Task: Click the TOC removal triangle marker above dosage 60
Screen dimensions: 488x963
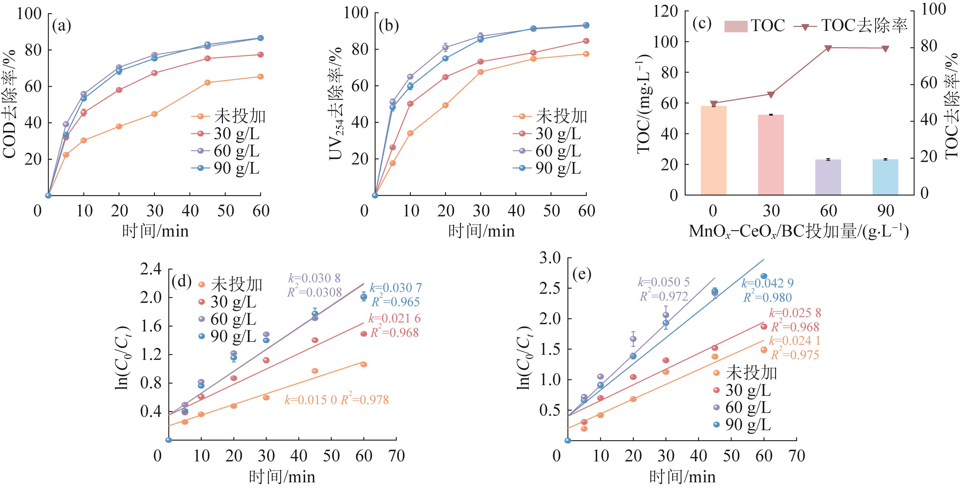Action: [828, 48]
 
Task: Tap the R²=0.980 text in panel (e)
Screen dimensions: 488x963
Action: [767, 298]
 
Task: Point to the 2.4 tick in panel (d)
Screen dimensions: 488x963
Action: [151, 269]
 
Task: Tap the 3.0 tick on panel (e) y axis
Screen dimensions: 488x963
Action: [550, 258]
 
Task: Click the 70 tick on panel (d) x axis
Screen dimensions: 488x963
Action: [396, 456]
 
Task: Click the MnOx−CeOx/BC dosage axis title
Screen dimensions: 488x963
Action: [799, 231]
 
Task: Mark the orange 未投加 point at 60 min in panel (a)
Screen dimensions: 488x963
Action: [261, 77]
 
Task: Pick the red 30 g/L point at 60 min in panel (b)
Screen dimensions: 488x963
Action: [586, 41]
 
